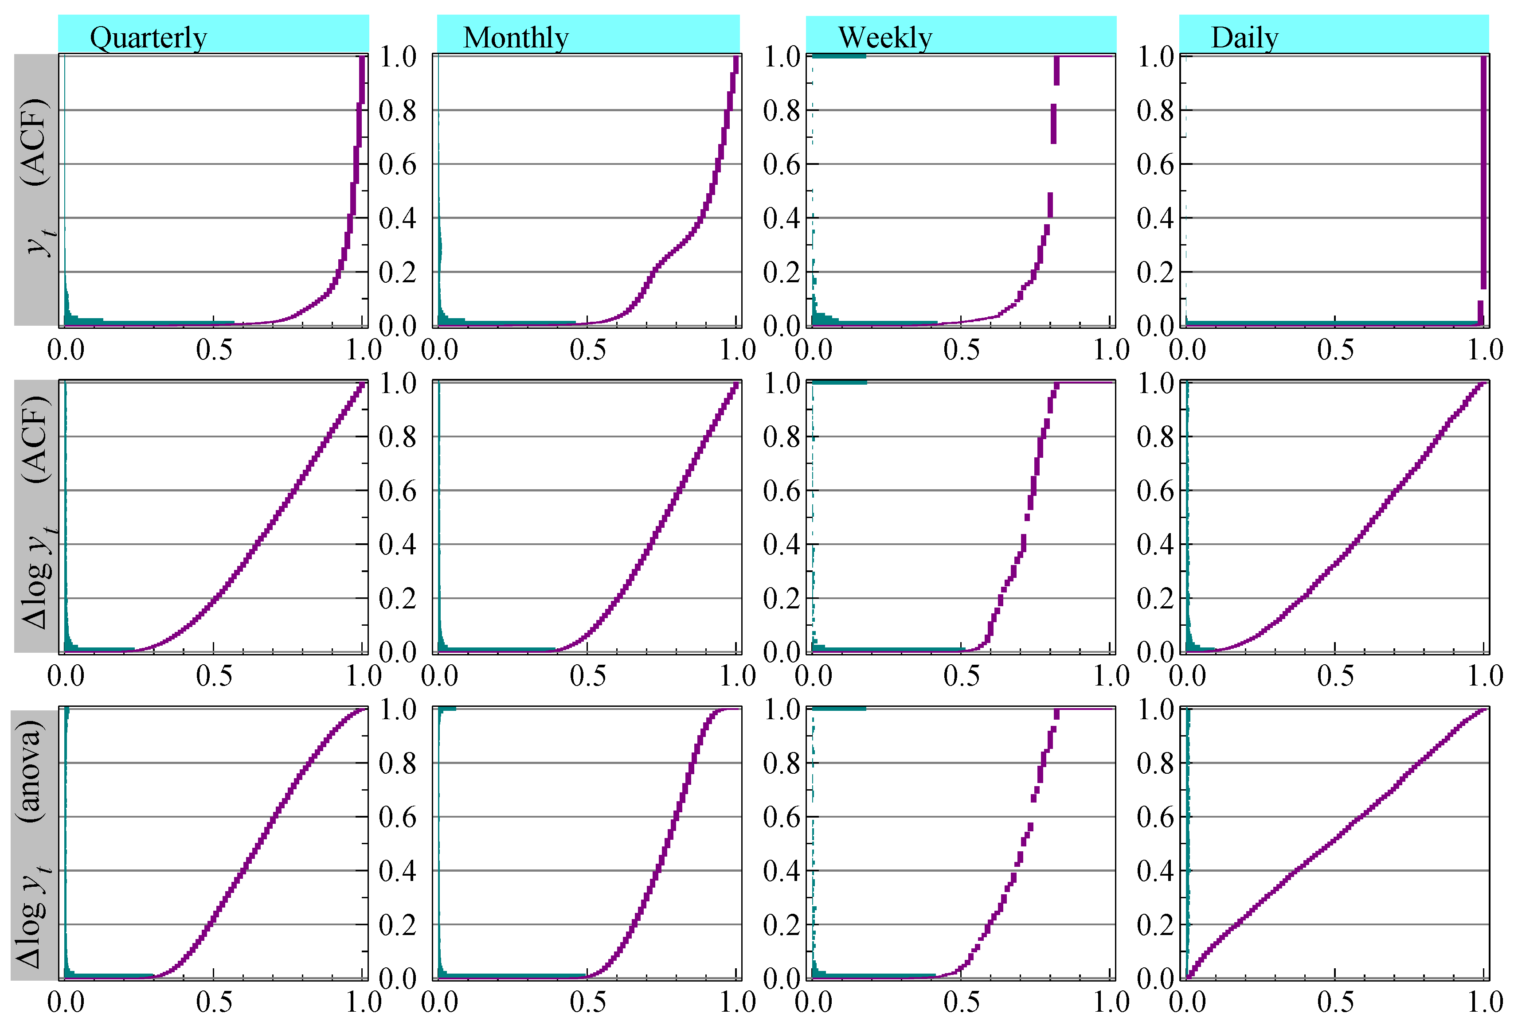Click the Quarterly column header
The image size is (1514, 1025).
click(149, 37)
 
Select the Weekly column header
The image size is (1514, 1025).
click(885, 37)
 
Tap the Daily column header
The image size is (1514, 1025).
click(1244, 37)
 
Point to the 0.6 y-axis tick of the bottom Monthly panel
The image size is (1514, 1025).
click(397, 817)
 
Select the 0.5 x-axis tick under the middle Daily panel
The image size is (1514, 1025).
click(1335, 676)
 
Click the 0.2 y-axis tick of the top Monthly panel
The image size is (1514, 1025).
click(397, 272)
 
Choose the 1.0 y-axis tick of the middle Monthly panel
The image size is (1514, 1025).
click(397, 383)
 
